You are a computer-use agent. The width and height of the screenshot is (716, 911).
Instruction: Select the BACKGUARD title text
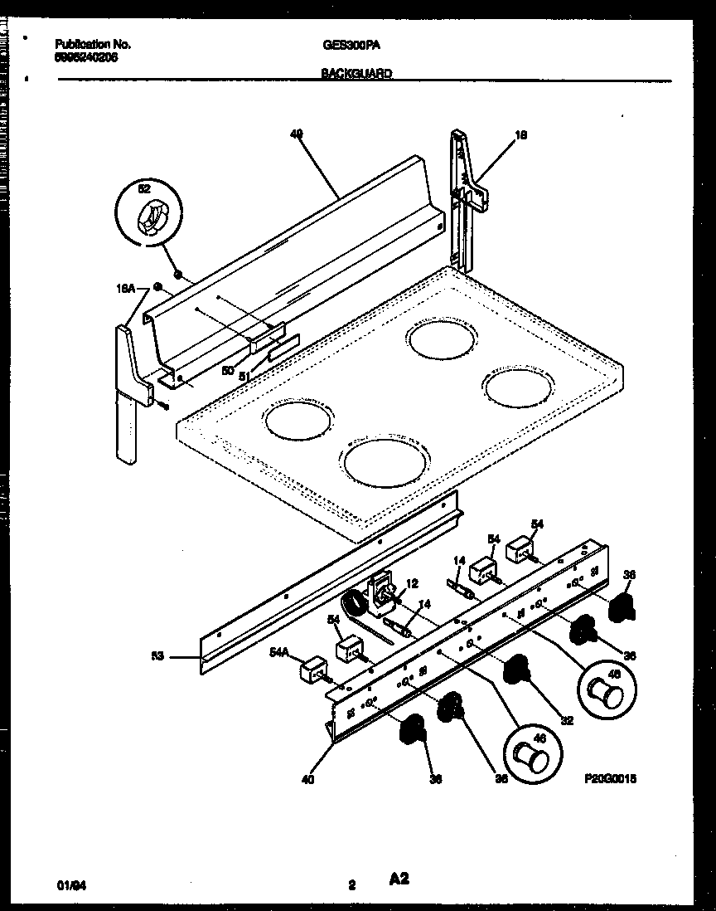356,73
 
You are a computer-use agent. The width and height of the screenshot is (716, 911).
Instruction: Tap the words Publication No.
92,45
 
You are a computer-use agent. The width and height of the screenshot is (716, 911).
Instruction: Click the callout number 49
296,132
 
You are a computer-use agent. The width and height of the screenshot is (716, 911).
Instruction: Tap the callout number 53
157,656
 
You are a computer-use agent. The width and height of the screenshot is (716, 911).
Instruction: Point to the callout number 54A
279,653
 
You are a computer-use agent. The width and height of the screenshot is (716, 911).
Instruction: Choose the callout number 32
566,721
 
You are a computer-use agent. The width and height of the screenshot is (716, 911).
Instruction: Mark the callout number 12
412,583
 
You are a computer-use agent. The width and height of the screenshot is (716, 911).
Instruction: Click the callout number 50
227,370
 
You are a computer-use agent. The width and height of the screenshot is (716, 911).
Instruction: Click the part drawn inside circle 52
148,218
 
